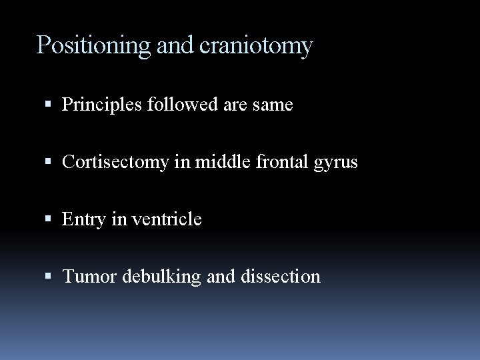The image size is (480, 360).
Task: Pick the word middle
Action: pyautogui.click(x=214, y=162)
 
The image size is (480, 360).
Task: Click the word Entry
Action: pyautogui.click(x=83, y=219)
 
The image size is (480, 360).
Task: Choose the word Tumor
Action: pyautogui.click(x=86, y=276)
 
